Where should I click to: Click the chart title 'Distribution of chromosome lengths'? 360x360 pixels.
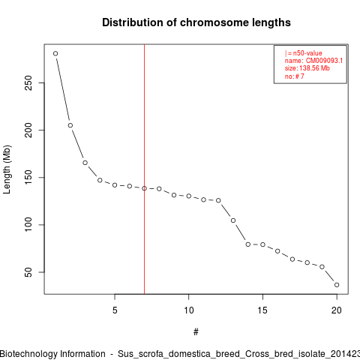(196, 22)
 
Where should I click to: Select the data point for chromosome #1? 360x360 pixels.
(55, 53)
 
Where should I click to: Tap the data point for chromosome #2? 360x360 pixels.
(70, 125)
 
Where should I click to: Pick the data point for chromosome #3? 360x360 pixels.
(85, 163)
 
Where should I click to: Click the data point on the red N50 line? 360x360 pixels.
(144, 188)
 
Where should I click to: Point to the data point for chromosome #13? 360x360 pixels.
(233, 220)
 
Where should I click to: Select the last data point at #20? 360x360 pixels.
(337, 285)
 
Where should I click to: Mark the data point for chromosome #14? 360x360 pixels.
(248, 244)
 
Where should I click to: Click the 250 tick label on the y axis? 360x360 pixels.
(28, 83)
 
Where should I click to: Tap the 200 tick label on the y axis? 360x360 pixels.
(28, 130)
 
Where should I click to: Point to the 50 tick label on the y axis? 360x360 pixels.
(28, 272)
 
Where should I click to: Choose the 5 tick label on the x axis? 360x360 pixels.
(115, 310)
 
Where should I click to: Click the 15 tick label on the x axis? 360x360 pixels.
(262, 310)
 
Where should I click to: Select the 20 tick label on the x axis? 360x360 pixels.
(337, 310)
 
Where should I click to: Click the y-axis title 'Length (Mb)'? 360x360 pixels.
(7, 169)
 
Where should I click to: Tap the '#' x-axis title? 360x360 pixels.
(196, 332)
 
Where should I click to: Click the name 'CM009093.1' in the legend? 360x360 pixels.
(324, 61)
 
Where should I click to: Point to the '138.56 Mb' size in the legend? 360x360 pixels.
(314, 68)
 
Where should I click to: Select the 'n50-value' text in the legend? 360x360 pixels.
(307, 53)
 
